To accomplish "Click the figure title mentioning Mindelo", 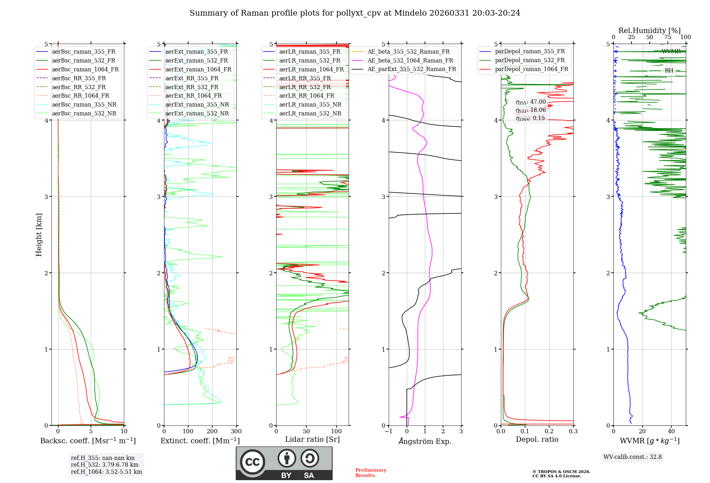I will coord(355,13).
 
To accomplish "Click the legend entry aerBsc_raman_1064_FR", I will coord(85,69).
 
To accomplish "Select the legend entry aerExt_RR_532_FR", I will coord(192,87).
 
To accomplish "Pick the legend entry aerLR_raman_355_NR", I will coord(310,104).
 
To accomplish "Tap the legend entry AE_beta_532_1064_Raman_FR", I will coord(410,60).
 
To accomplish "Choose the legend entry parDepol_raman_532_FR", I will coord(530,60).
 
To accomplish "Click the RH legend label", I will coord(669,71).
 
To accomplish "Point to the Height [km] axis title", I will coord(39,235).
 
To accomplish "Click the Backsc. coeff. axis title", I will coord(88,441).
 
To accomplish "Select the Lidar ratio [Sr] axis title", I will coord(312,439).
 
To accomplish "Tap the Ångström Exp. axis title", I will coord(425,441).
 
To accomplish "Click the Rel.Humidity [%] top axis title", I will coord(649,31).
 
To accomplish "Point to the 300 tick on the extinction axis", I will coord(236,432).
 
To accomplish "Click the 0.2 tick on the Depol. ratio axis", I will coord(549,432).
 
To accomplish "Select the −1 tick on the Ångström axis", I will coord(389,432).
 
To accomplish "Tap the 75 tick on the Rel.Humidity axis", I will coord(667,37).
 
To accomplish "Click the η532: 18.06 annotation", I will coord(531,110).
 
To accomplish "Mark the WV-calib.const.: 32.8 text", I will coord(632,457).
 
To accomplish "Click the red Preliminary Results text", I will coord(371,473).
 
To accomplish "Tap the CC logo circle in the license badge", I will coord(252,462).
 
